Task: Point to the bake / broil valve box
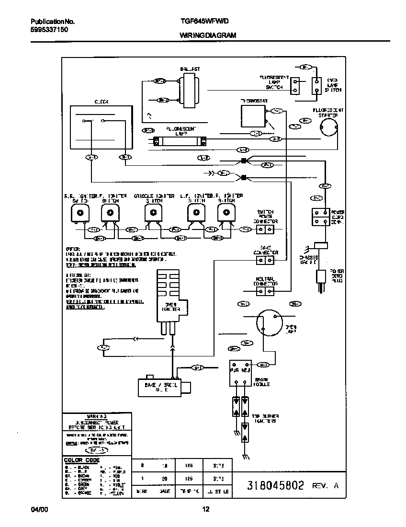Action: click(x=158, y=386)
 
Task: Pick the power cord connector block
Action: click(x=320, y=217)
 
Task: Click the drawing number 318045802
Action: click(x=275, y=485)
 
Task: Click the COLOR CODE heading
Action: click(x=82, y=460)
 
